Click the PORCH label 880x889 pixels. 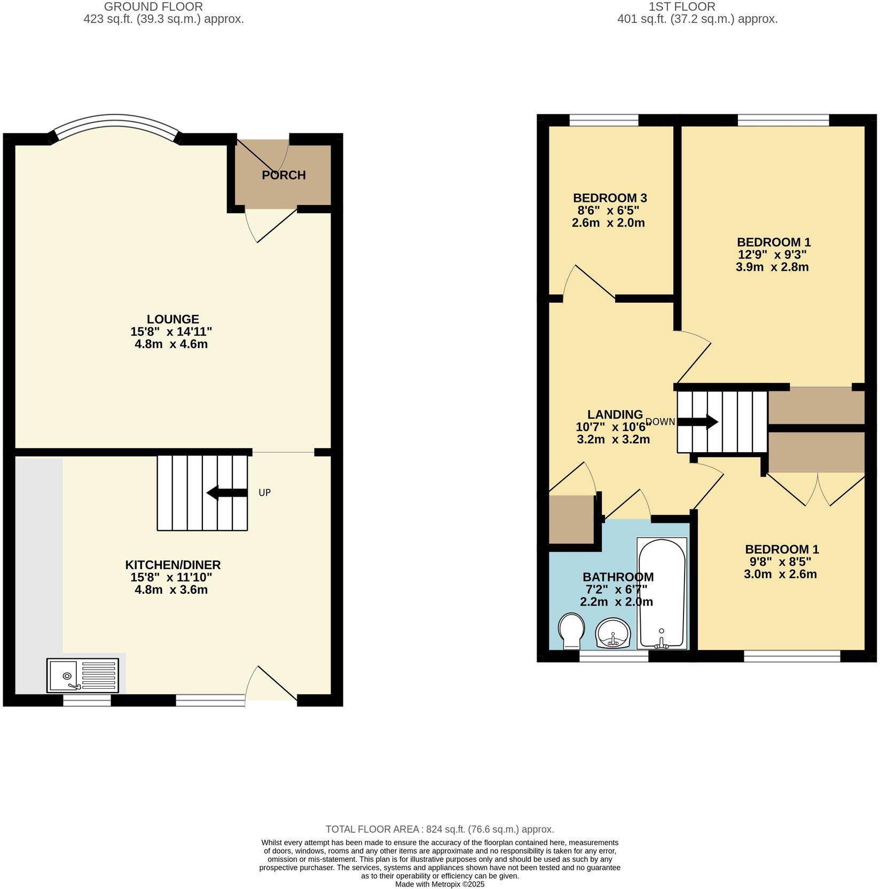284,175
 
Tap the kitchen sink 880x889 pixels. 83,675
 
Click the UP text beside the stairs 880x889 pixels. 265,493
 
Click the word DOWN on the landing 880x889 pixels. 661,422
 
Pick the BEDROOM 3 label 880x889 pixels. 610,198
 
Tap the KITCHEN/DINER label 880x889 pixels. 172,565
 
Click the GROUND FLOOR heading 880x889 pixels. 153,7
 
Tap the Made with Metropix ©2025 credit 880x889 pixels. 439,884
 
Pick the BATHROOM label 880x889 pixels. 618,577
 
